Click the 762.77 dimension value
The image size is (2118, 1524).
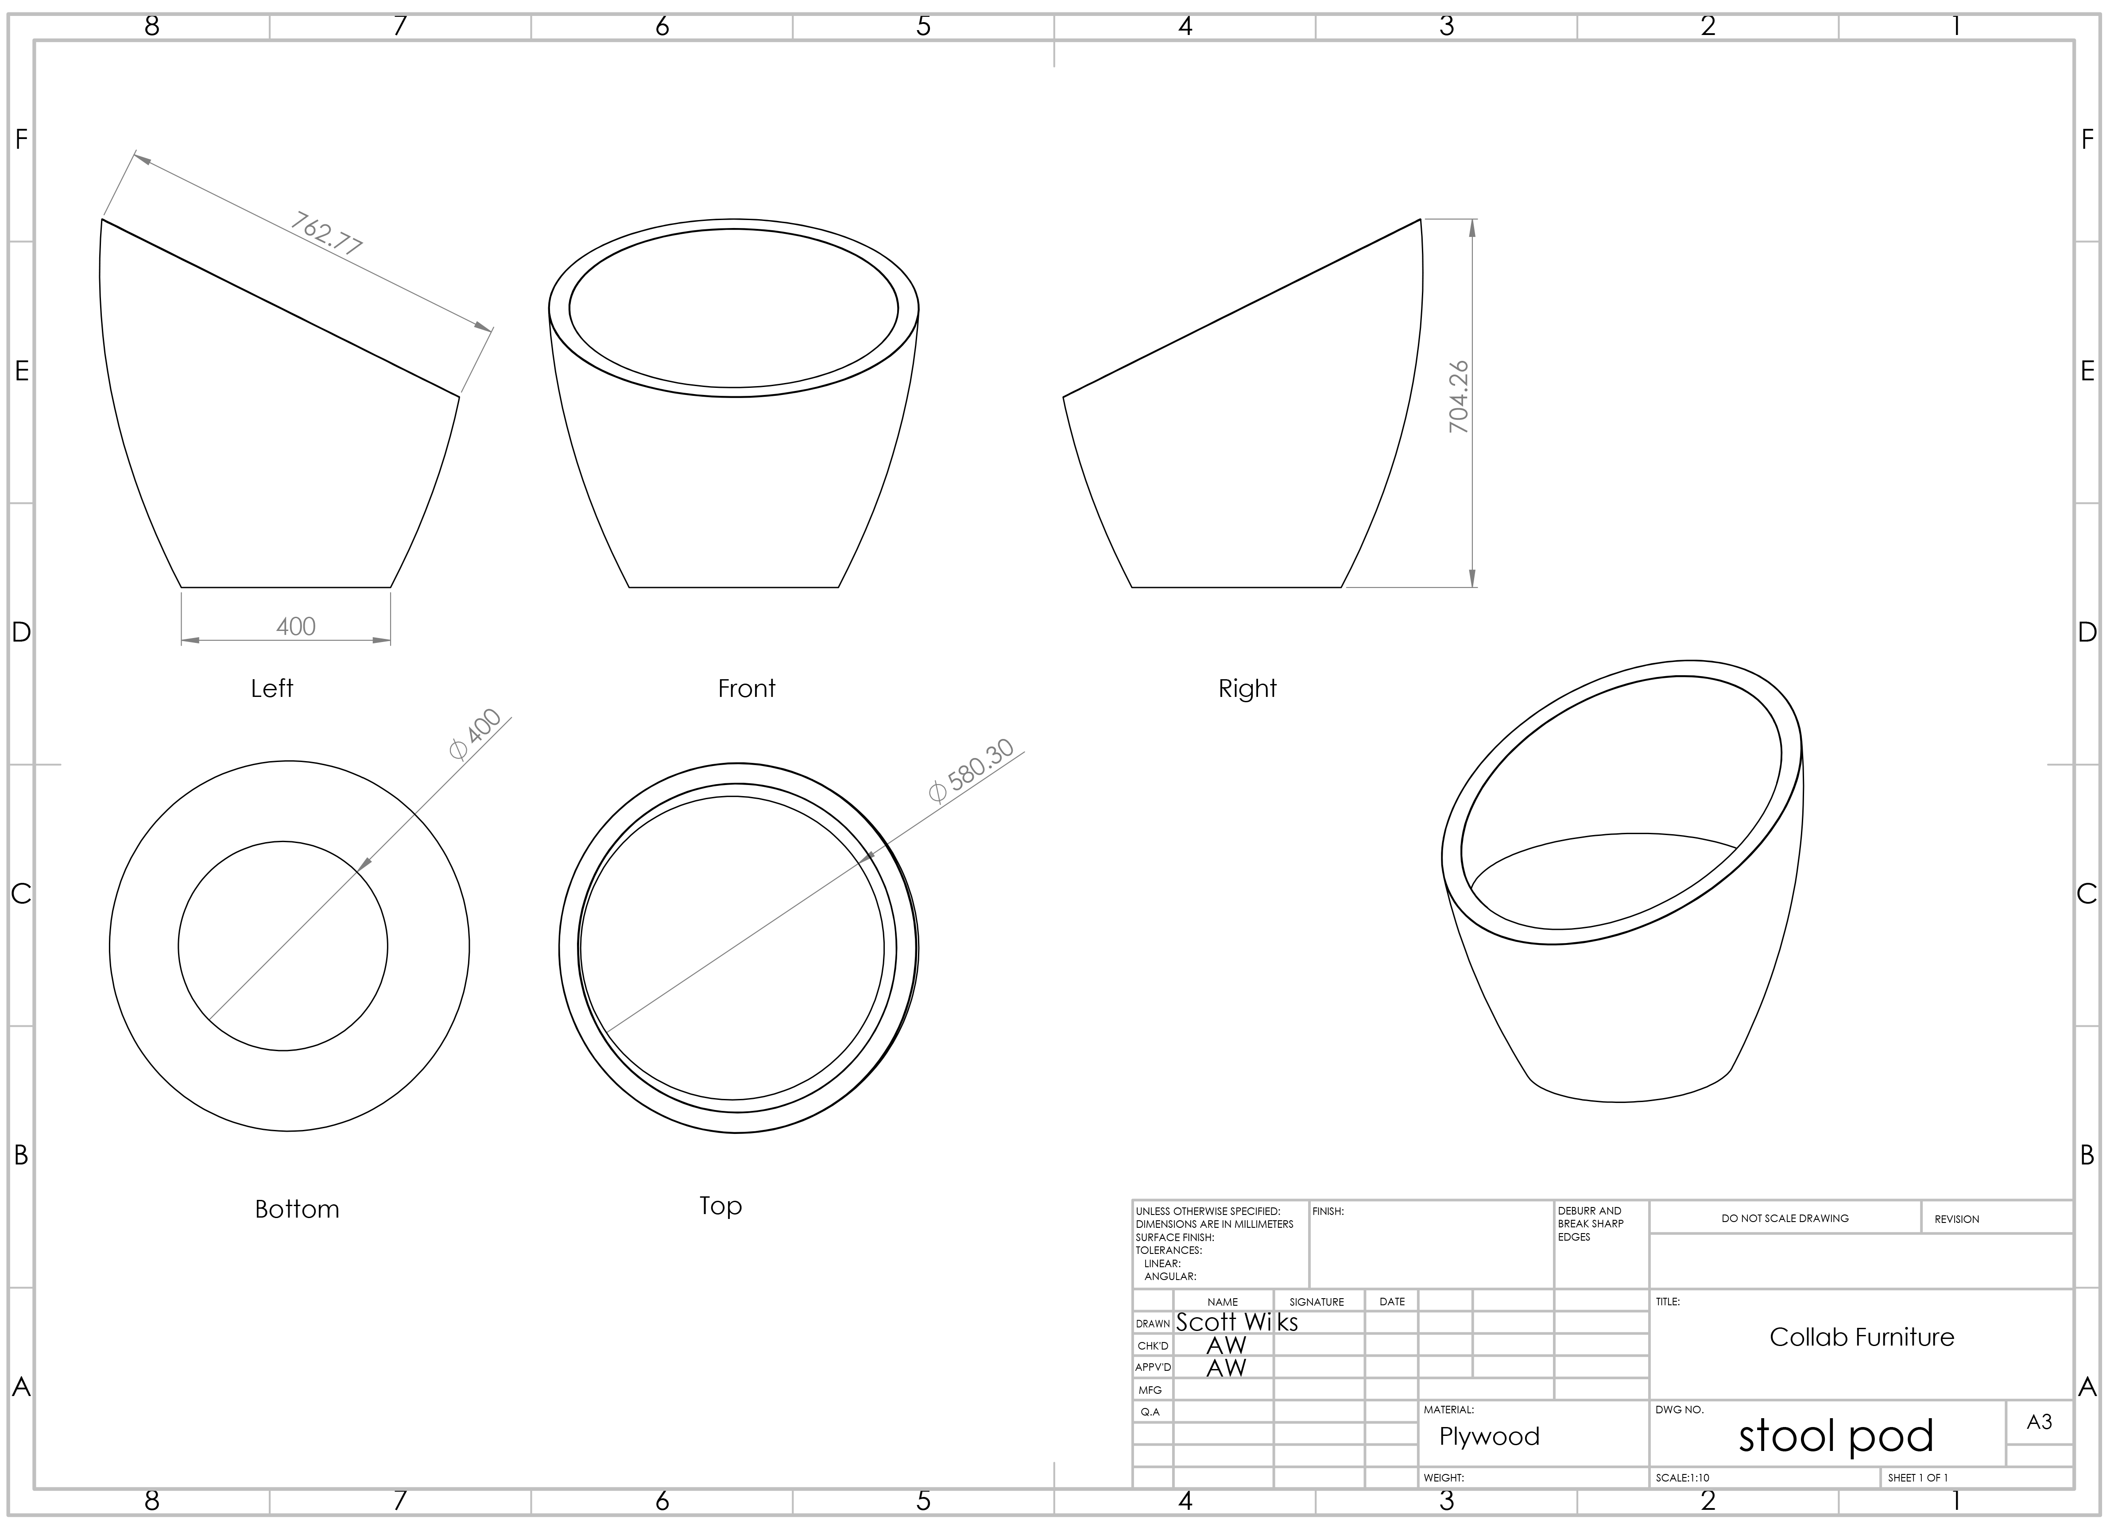coord(325,233)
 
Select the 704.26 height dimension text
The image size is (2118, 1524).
coord(1459,397)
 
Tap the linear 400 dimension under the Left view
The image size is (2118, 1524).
coord(296,627)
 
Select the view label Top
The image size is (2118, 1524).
coord(721,1207)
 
